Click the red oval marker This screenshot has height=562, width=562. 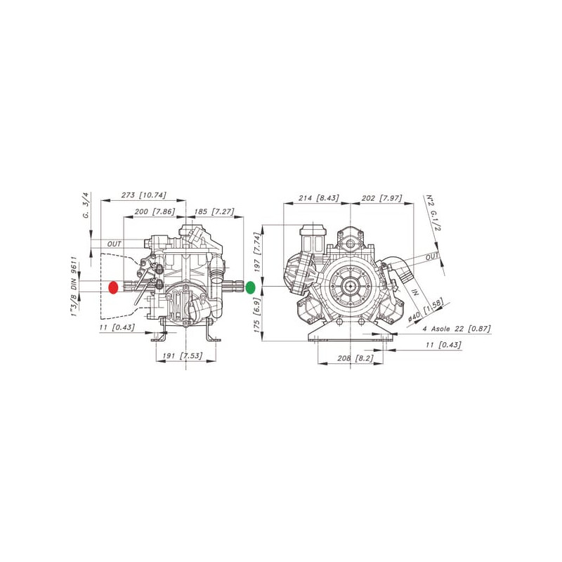113,287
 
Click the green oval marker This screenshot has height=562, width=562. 250,287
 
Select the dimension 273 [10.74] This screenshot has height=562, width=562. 144,195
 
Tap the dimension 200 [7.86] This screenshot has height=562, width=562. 155,211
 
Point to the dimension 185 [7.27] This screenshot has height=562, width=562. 214,211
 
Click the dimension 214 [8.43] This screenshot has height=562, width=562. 319,198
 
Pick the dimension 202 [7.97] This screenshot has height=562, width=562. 382,198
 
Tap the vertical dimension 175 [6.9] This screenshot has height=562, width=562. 257,315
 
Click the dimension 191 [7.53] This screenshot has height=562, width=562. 183,355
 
